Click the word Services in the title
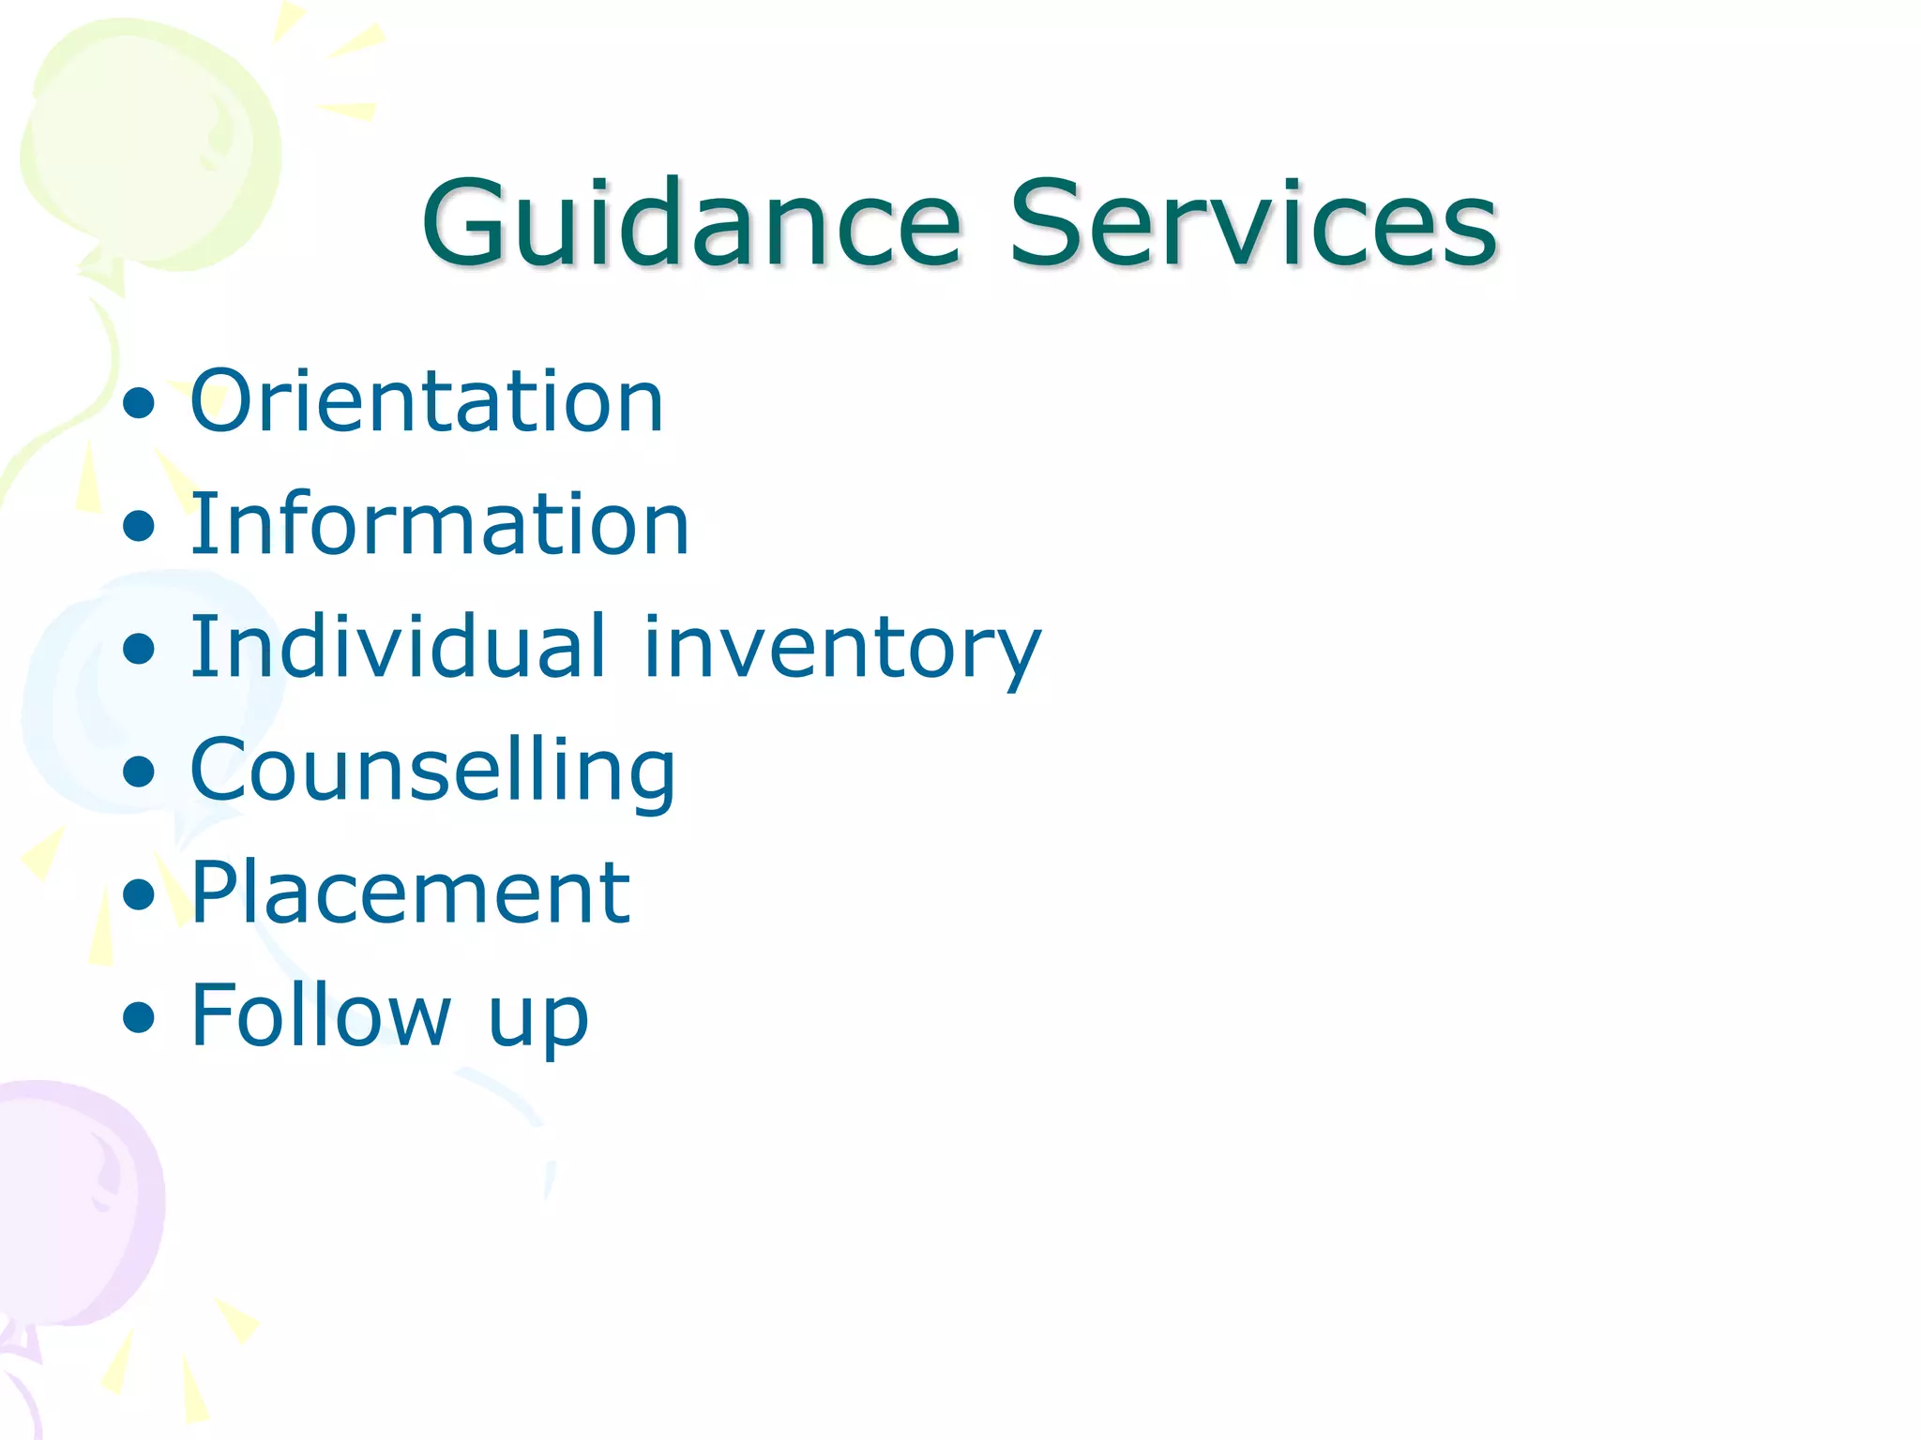pos(1252,223)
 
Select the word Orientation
pos(427,401)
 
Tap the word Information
pos(440,524)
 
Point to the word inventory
pos(842,649)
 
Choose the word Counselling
pos(432,770)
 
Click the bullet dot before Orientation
pos(139,403)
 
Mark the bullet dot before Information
pos(139,526)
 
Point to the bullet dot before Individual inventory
pos(139,649)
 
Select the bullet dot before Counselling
pos(139,772)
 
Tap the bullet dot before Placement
pos(139,893)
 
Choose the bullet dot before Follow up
pos(139,1016)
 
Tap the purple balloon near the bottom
pos(75,1209)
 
